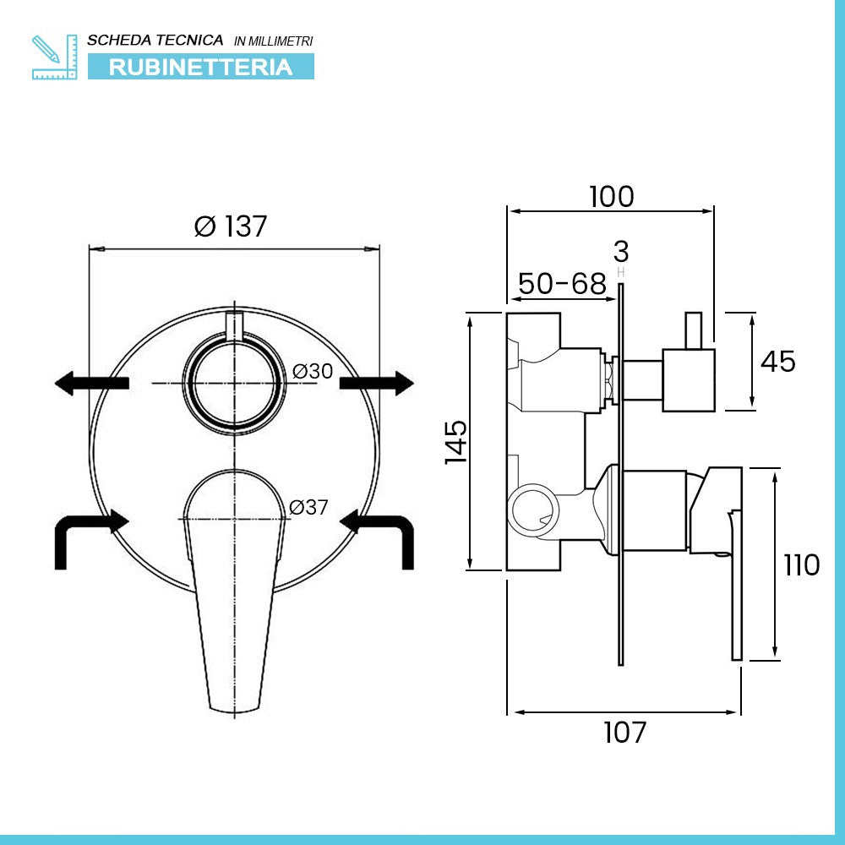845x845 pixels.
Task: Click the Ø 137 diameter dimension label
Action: [x=230, y=226]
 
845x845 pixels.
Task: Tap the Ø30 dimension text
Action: [x=313, y=371]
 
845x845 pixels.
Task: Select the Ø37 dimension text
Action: [x=308, y=508]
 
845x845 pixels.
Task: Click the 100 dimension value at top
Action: [x=611, y=197]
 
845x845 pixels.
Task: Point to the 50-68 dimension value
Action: [x=562, y=284]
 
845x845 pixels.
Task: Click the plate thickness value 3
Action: [x=621, y=252]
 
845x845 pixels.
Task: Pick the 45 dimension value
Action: [x=777, y=362]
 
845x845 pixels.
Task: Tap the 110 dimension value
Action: [x=800, y=564]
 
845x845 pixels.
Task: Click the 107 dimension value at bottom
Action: [x=624, y=733]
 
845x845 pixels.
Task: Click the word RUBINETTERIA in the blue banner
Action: [x=200, y=67]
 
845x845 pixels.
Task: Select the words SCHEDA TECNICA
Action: [x=155, y=40]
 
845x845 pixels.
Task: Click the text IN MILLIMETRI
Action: [x=273, y=41]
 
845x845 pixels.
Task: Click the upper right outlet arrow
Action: [x=377, y=383]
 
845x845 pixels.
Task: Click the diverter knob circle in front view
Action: [x=233, y=383]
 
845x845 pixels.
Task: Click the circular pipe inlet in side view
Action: [x=532, y=509]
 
